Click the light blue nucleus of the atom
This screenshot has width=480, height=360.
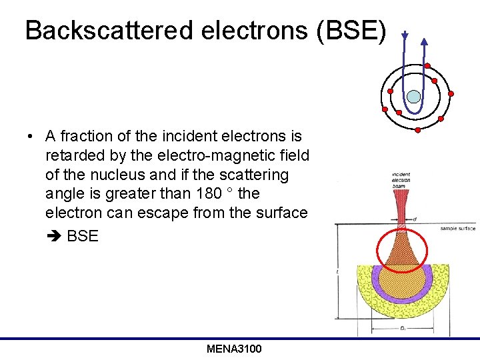click(x=414, y=97)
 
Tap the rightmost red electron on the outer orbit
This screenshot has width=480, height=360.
click(x=451, y=93)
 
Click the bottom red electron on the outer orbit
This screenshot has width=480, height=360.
click(x=417, y=129)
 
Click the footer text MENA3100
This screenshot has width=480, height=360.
click(x=234, y=349)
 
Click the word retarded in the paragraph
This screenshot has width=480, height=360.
click(x=70, y=155)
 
